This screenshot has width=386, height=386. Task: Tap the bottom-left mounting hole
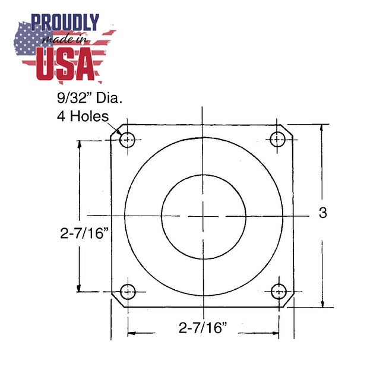(x=128, y=292)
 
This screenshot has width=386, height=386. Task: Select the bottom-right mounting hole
(x=279, y=292)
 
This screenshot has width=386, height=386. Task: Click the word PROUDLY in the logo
(x=65, y=23)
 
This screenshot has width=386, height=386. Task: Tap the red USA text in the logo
(x=66, y=64)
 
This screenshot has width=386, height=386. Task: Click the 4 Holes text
(x=78, y=116)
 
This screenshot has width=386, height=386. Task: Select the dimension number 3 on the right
(x=322, y=213)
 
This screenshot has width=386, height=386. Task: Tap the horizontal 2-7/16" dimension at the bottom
(x=203, y=327)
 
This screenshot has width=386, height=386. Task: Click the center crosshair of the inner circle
(x=203, y=216)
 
